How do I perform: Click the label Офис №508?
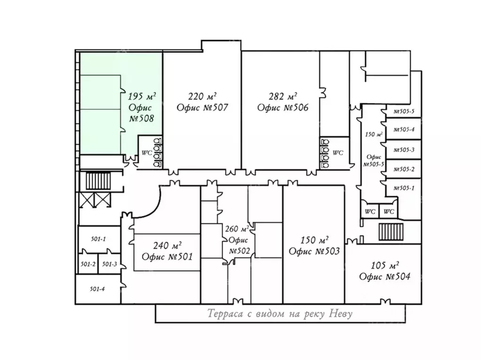pos(141,113)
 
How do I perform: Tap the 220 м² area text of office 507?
pos(202,96)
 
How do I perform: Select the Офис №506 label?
pos(283,107)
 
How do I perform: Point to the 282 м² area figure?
pos(283,96)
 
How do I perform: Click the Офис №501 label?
pos(167,256)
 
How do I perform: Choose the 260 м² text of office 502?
pos(237,229)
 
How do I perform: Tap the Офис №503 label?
pos(314,252)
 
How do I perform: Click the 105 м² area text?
pos(385,265)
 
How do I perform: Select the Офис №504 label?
pos(385,276)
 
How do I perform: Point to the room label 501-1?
pos(98,239)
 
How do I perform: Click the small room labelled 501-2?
pos(88,264)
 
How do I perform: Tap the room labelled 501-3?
pos(109,264)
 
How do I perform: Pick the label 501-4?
pos(97,289)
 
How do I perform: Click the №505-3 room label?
pos(404,150)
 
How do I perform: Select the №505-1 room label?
pos(404,188)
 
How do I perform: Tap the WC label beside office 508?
pos(147,153)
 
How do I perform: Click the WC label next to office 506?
pos(338,153)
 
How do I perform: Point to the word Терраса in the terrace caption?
pos(225,314)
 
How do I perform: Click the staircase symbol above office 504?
pos(391,232)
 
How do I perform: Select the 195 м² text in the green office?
pos(142,96)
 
